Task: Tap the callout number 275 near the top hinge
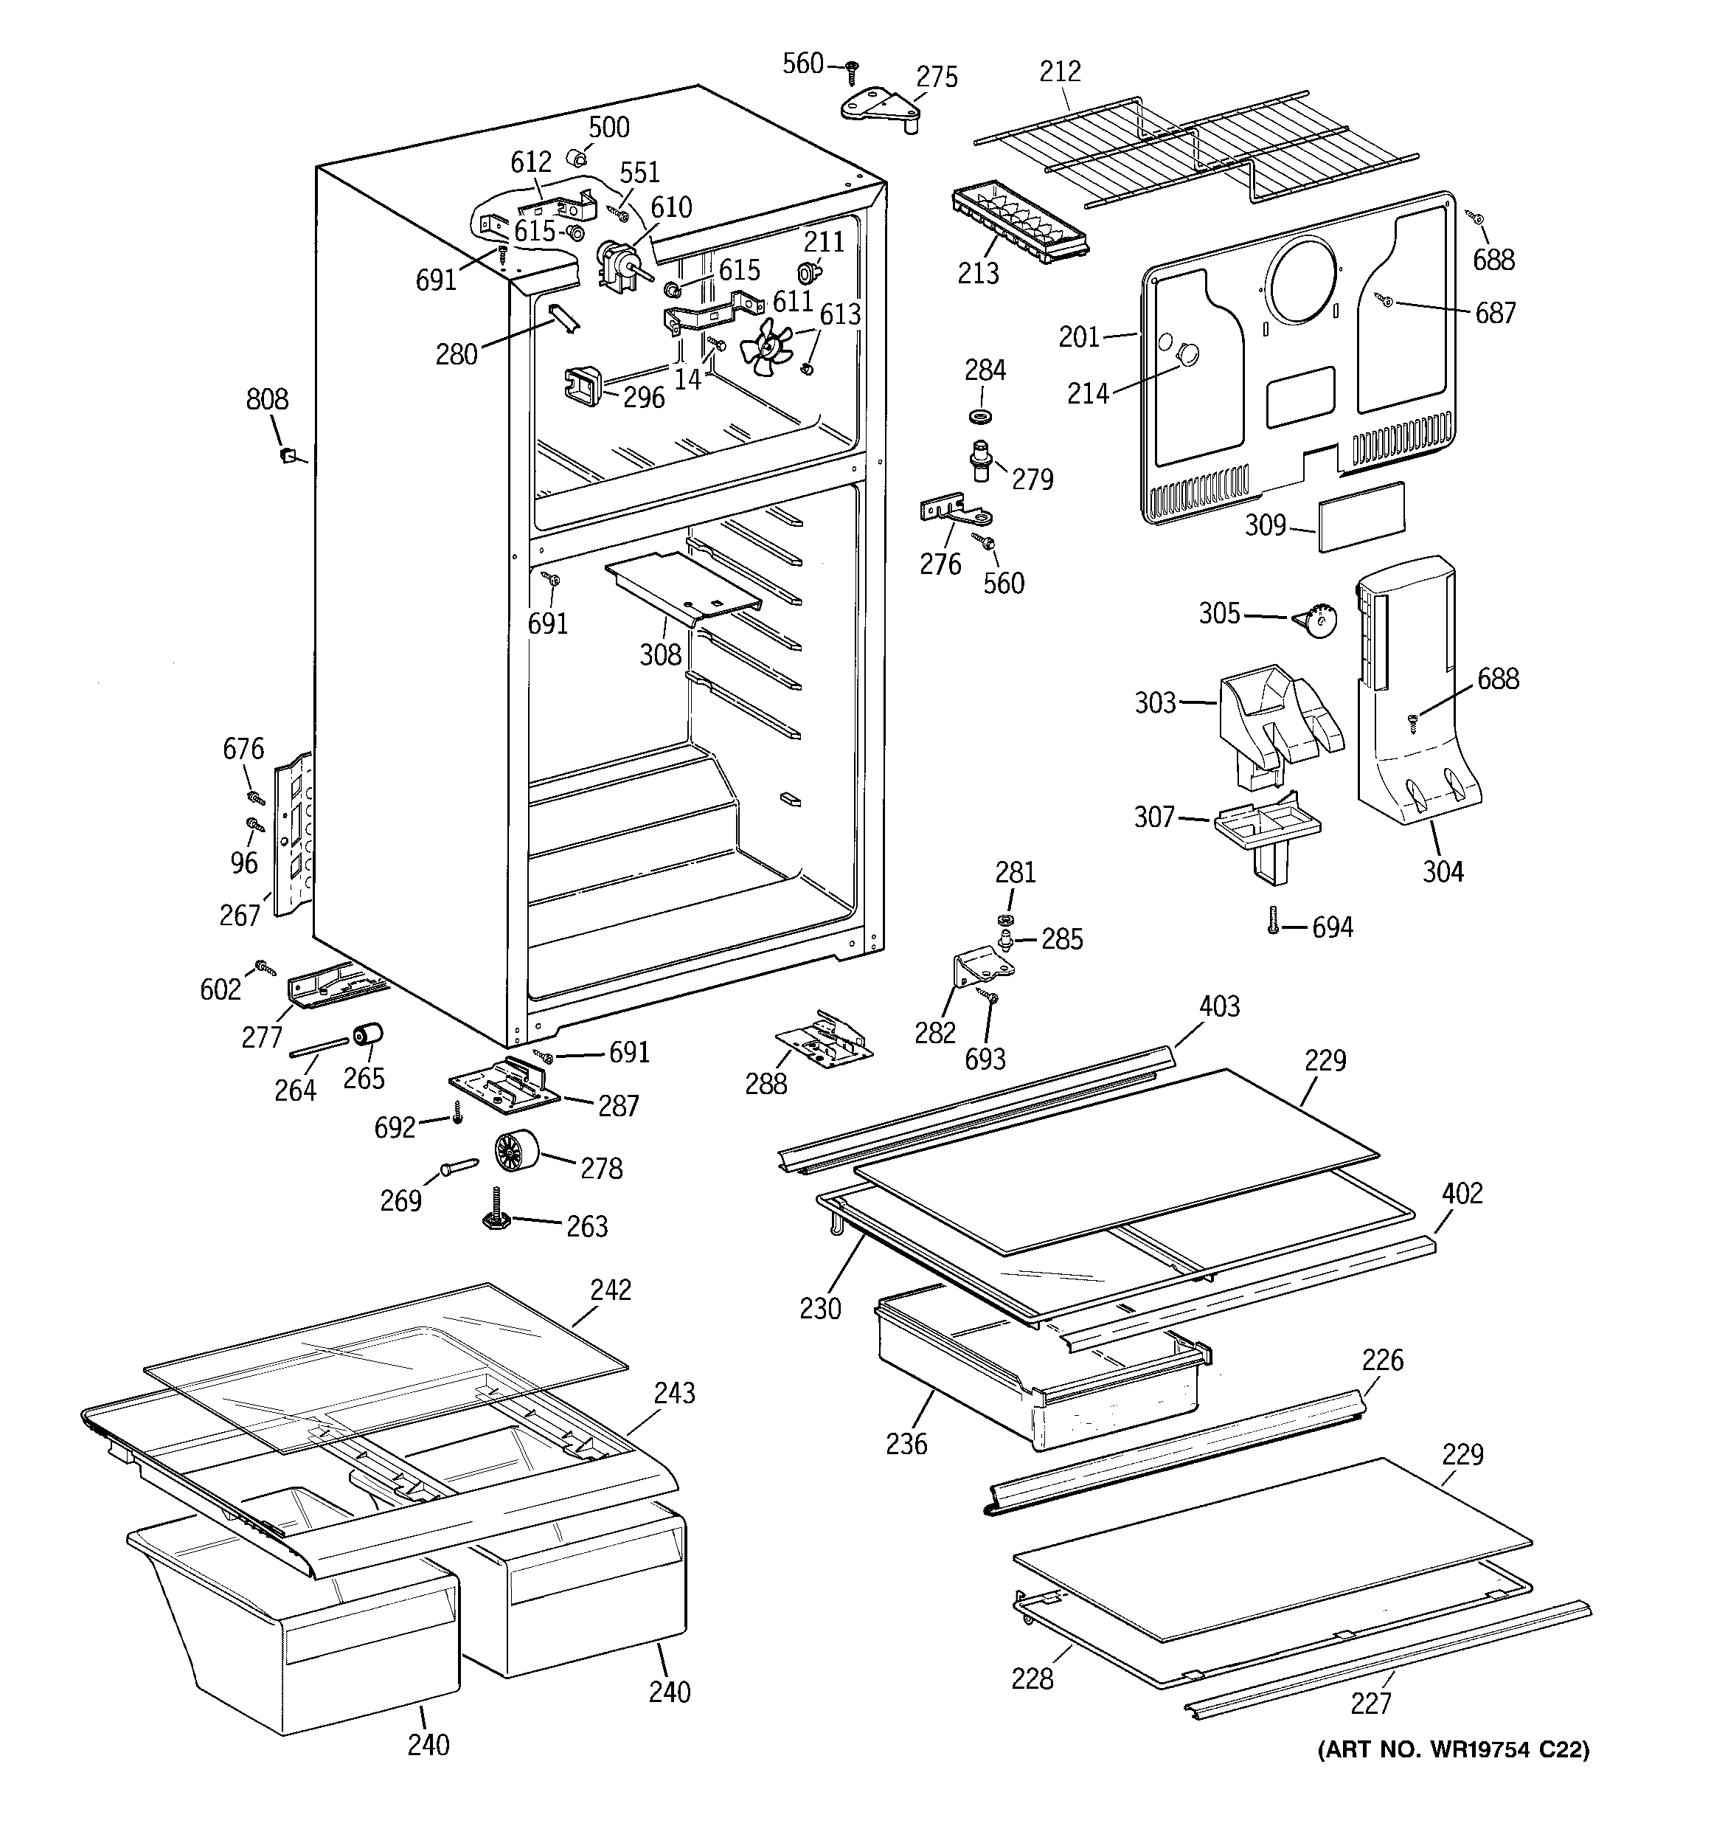937,77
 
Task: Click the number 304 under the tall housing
1443,871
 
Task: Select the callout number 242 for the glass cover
611,1290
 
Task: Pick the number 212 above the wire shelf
1060,71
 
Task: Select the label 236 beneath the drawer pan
906,1443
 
